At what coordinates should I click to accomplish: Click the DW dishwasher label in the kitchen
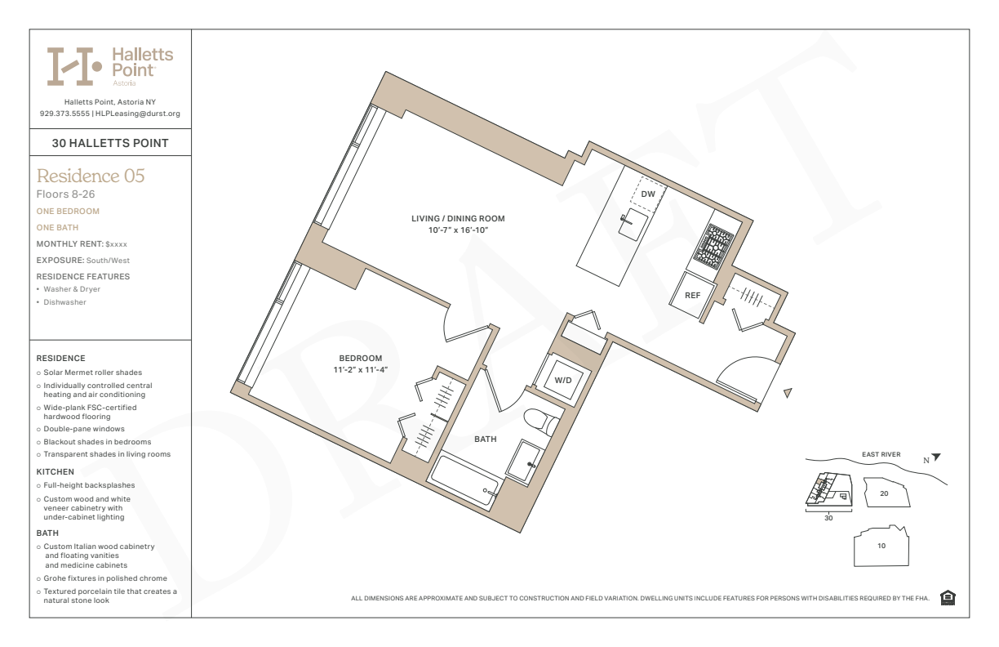[648, 194]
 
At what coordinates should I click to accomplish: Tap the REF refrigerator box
[693, 295]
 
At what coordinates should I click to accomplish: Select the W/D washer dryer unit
[563, 380]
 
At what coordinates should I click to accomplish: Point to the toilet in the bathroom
[541, 421]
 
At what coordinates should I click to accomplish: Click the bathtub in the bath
[464, 480]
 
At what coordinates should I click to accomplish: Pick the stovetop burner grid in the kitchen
[713, 247]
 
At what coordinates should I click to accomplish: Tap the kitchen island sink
[633, 224]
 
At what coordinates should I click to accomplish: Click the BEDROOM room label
[361, 358]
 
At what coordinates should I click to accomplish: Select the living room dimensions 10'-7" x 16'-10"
[458, 230]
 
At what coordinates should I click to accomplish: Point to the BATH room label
[486, 440]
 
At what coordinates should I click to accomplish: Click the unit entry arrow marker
[788, 393]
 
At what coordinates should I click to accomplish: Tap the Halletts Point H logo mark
[74, 66]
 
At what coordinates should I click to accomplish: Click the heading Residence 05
[91, 176]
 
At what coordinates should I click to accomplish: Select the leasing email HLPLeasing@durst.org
[138, 114]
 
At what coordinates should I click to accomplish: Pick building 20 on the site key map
[886, 493]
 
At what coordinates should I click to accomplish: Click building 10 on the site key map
[881, 546]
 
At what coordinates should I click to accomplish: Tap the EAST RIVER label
[881, 454]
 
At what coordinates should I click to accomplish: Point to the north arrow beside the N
[936, 457]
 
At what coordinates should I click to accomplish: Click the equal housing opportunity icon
[948, 598]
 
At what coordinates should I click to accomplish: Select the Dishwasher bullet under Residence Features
[64, 302]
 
